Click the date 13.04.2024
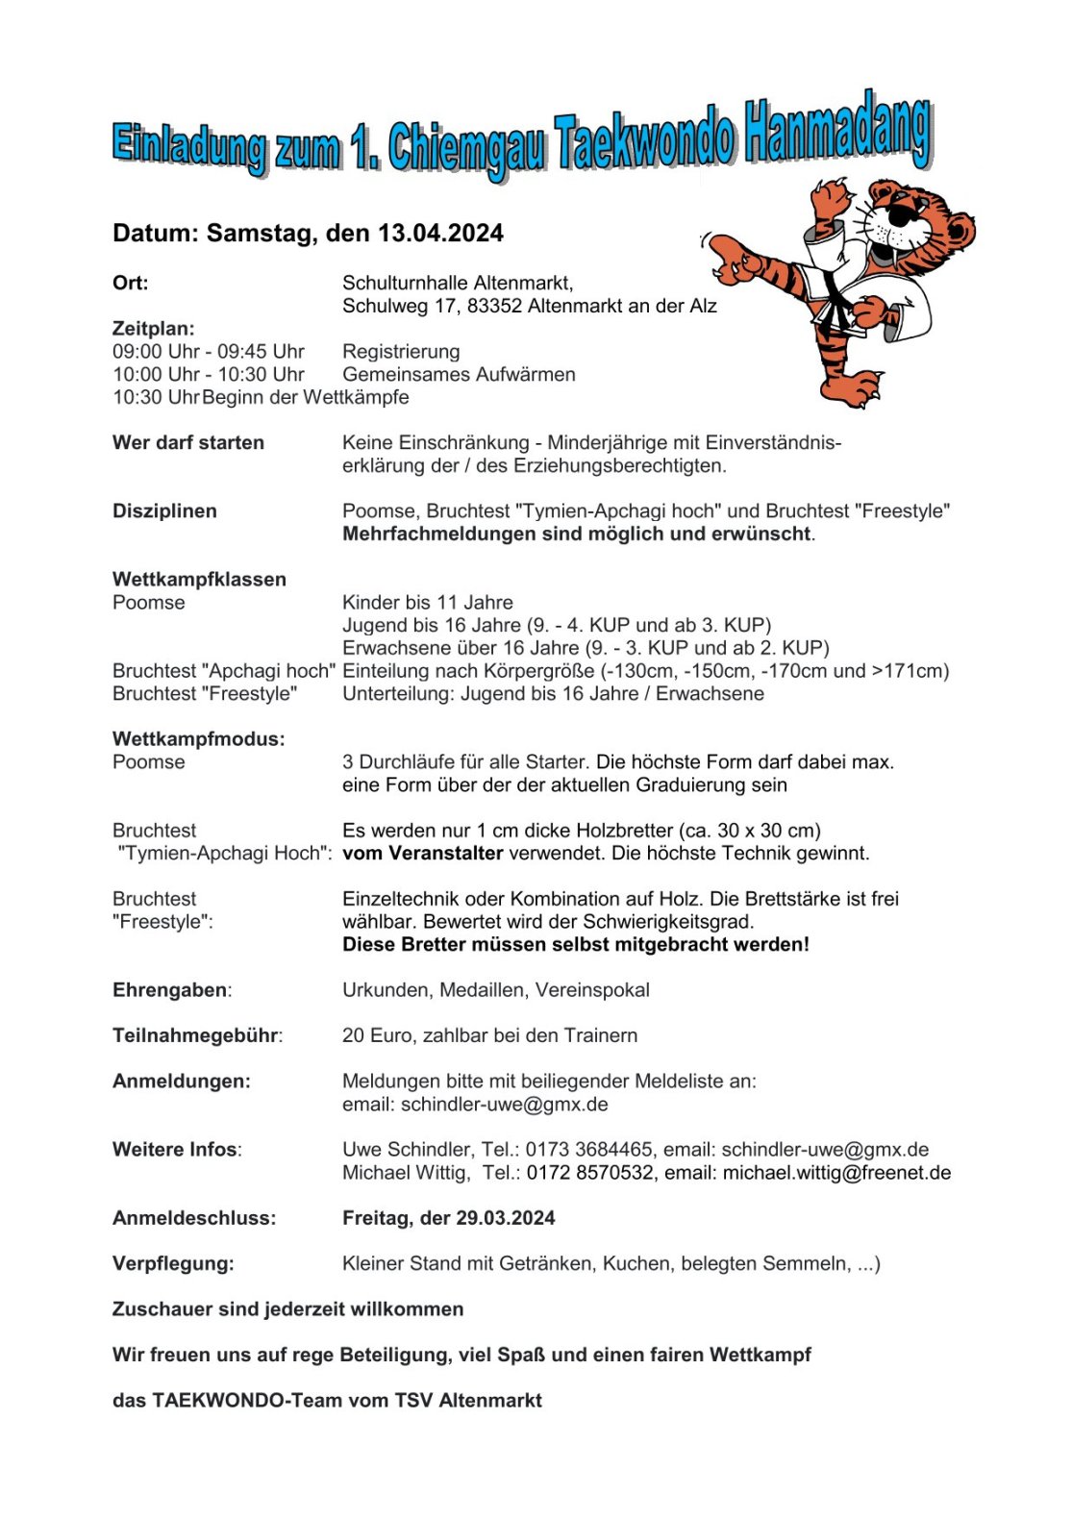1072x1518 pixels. click(440, 234)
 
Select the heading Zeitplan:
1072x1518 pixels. click(153, 329)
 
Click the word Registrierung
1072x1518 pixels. click(401, 352)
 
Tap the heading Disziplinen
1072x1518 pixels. click(164, 511)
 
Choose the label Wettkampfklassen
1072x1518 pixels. click(199, 580)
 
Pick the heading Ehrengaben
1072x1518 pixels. click(170, 990)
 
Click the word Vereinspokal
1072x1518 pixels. click(592, 990)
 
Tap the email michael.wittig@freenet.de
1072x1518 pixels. click(836, 1173)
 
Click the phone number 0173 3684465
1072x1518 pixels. click(589, 1150)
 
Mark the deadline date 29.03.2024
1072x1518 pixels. click(505, 1218)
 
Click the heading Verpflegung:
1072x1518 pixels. click(173, 1264)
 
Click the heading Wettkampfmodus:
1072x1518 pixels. click(198, 739)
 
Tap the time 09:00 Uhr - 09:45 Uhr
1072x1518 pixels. click(209, 352)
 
